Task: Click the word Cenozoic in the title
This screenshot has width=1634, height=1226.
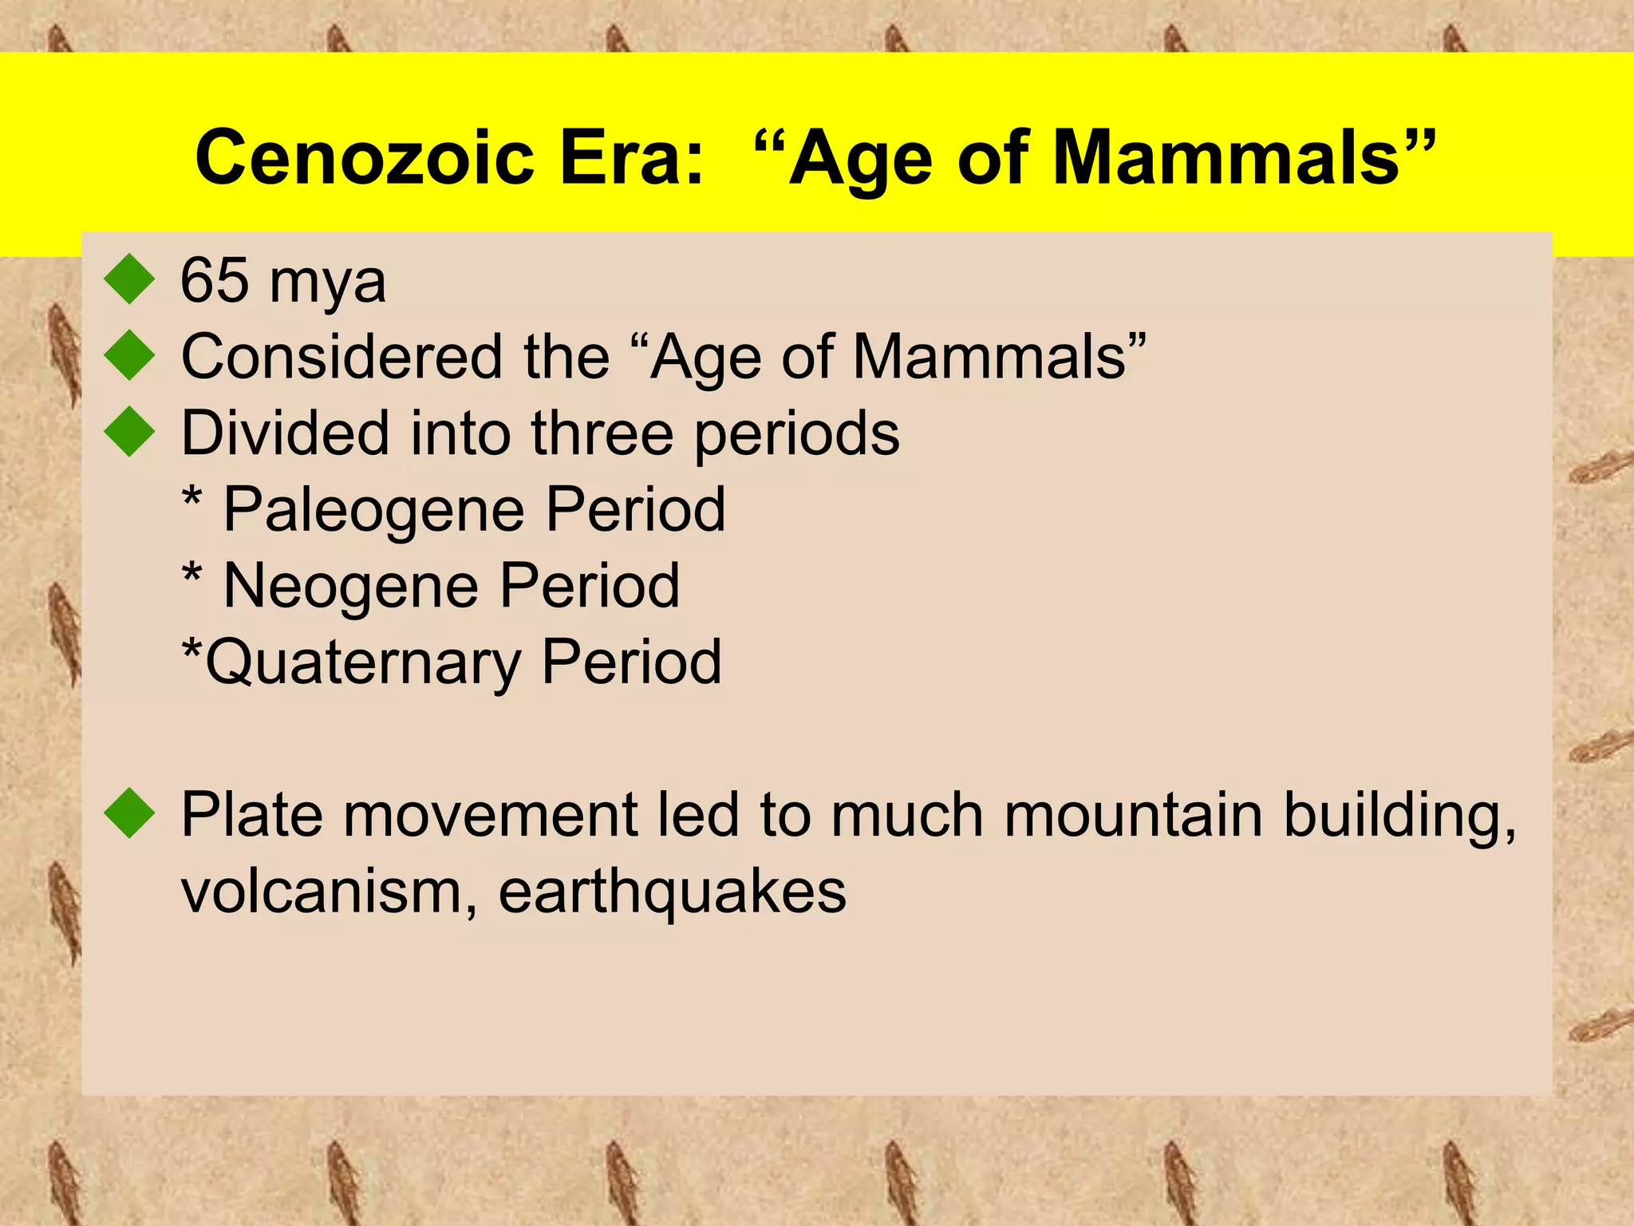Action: pyautogui.click(x=364, y=157)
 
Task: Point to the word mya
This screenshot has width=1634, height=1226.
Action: pyautogui.click(x=327, y=284)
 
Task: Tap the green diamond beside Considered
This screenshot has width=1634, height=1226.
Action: pyautogui.click(x=129, y=355)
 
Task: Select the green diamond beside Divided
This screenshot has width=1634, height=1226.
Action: pyautogui.click(x=129, y=432)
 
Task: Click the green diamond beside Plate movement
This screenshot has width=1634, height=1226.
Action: pyautogui.click(x=129, y=813)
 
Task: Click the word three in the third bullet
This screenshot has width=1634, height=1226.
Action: pyautogui.click(x=602, y=433)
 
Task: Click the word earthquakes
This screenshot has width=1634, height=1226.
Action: pyautogui.click(x=672, y=892)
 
